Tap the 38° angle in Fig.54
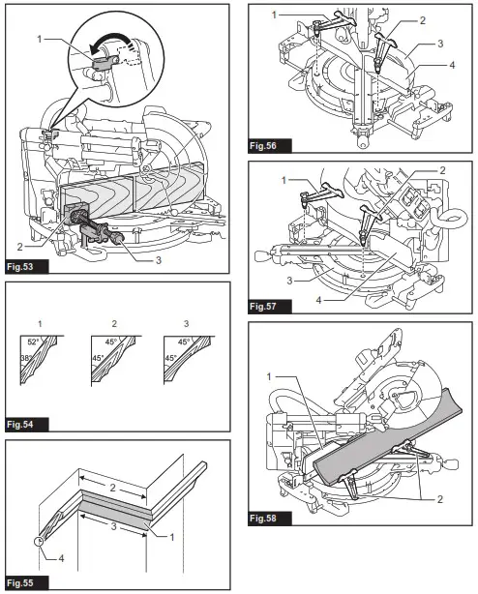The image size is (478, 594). click(25, 360)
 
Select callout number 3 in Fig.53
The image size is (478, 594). click(156, 260)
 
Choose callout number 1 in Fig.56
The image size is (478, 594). click(274, 15)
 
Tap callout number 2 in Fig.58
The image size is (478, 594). click(439, 498)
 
